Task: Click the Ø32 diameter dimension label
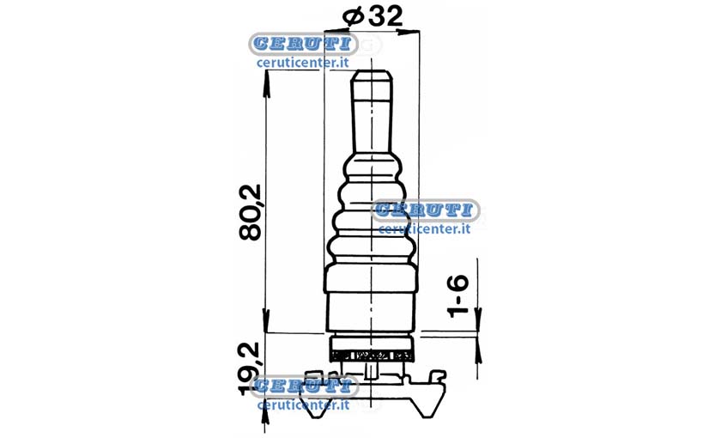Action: (x=373, y=17)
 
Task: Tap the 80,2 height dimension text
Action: (x=251, y=212)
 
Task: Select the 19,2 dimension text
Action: (x=250, y=368)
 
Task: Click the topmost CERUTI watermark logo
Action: (x=303, y=44)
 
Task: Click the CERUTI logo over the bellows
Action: (x=425, y=210)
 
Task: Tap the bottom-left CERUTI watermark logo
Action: (x=304, y=386)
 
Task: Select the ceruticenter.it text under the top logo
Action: (x=303, y=62)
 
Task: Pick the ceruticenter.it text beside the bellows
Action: (x=424, y=228)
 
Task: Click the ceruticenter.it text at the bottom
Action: (x=304, y=405)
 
